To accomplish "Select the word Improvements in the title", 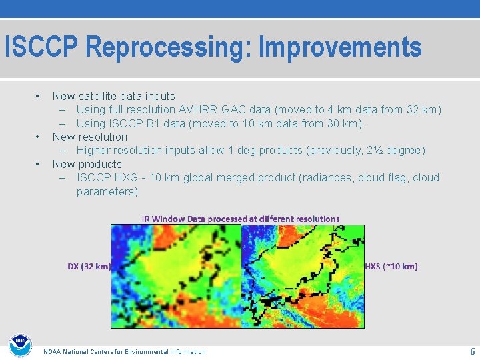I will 340,48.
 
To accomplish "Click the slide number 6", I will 472,351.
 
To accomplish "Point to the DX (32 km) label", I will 89,267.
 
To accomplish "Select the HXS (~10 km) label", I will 391,267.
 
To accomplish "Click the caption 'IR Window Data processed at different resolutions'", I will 240,219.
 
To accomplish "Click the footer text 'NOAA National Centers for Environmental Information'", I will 124,351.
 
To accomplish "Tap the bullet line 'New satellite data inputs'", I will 113,97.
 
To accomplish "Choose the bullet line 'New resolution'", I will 89,137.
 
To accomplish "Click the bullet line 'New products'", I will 87,164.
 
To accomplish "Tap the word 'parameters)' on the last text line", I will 107,191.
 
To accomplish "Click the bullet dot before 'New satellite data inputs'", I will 39,97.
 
